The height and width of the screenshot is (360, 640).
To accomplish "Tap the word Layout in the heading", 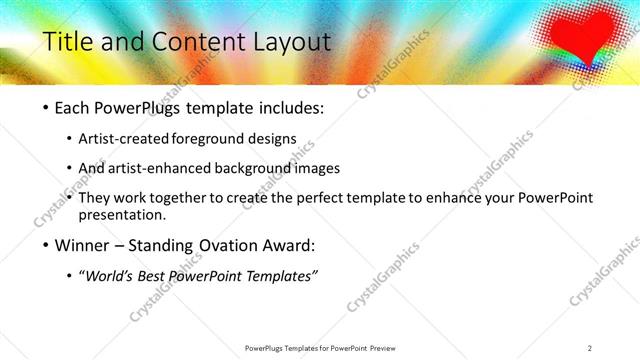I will coord(291,41).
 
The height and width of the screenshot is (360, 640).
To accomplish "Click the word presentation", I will coord(123,214).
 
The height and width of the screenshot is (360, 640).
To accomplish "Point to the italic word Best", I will coord(158,275).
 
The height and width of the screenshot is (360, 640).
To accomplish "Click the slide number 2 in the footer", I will coord(590,347).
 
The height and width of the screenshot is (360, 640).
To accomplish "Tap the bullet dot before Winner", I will coord(47,245).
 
